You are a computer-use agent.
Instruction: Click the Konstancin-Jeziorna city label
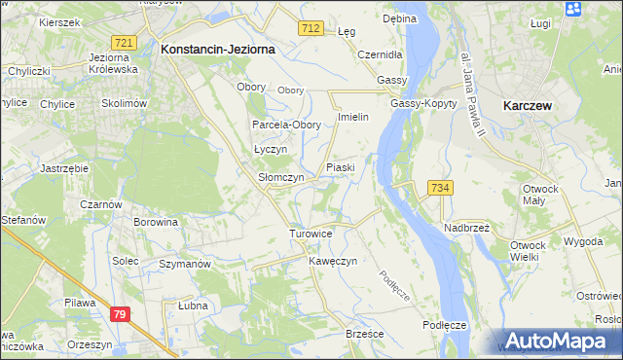(x=218, y=48)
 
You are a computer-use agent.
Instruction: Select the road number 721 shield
(x=123, y=44)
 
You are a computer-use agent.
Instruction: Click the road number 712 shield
(x=311, y=29)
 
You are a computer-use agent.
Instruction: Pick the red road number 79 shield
(x=119, y=313)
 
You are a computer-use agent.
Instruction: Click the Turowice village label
(x=311, y=234)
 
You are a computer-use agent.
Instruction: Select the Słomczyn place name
(x=280, y=178)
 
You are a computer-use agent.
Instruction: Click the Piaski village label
(x=340, y=167)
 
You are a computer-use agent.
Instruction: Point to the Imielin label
(x=351, y=117)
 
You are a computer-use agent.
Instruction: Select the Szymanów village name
(x=185, y=264)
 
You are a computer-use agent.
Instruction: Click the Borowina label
(x=156, y=222)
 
